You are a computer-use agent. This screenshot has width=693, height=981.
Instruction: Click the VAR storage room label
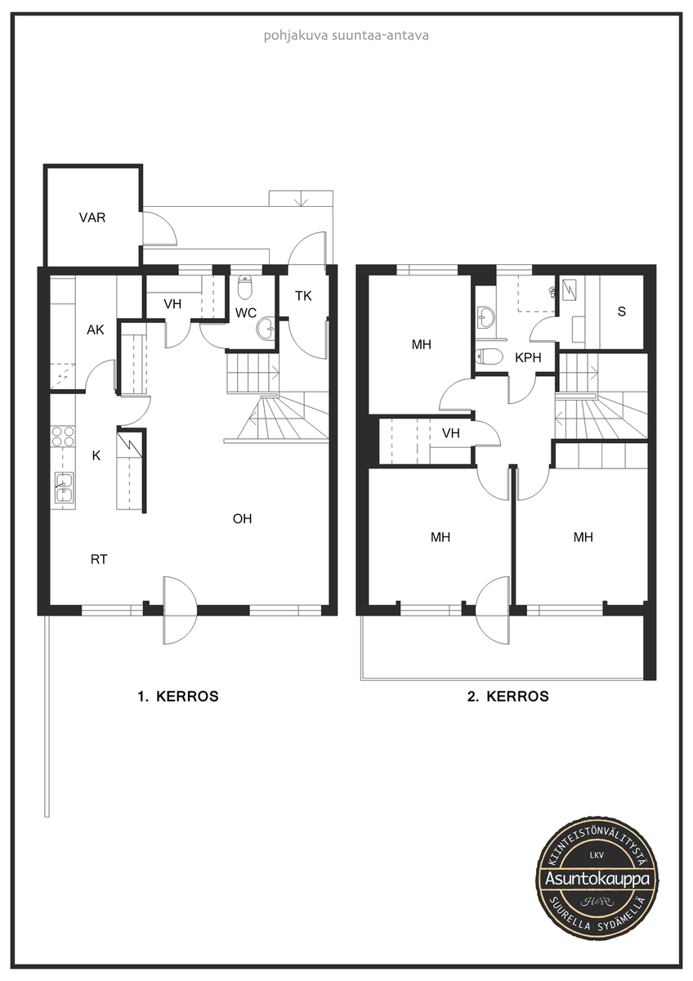(92, 217)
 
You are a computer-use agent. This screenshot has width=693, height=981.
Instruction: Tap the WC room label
(246, 312)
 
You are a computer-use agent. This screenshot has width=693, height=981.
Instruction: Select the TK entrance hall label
(303, 296)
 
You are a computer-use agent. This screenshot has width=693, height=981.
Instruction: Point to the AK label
(96, 329)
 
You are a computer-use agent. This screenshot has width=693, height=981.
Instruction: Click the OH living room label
(242, 519)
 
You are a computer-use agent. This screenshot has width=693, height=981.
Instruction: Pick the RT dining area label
(99, 559)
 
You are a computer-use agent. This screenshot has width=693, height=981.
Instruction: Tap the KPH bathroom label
(528, 358)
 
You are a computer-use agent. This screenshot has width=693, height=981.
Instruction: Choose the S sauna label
(622, 311)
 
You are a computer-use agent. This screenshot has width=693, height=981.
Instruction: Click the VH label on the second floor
(451, 433)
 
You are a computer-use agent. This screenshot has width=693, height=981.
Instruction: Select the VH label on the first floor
(172, 304)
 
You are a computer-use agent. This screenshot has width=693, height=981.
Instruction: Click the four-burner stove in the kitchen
(63, 437)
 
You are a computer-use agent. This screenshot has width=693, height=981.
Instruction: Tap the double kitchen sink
(64, 487)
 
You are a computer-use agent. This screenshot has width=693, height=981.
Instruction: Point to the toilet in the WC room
(244, 286)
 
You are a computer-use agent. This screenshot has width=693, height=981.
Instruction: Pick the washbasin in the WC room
(266, 328)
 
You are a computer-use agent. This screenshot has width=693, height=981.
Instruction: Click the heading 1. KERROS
(178, 696)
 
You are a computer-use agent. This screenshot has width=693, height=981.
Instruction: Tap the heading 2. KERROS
(507, 696)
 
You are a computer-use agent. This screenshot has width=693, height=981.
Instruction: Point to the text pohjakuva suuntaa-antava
(346, 35)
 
